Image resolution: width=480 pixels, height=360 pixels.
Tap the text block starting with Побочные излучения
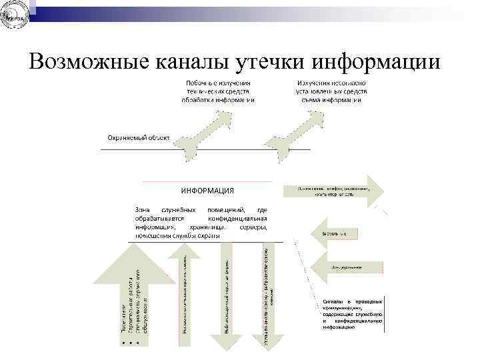[218, 91]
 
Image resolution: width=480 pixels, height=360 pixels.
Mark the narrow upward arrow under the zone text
[182, 293]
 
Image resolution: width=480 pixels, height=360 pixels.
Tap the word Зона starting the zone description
[143, 209]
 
